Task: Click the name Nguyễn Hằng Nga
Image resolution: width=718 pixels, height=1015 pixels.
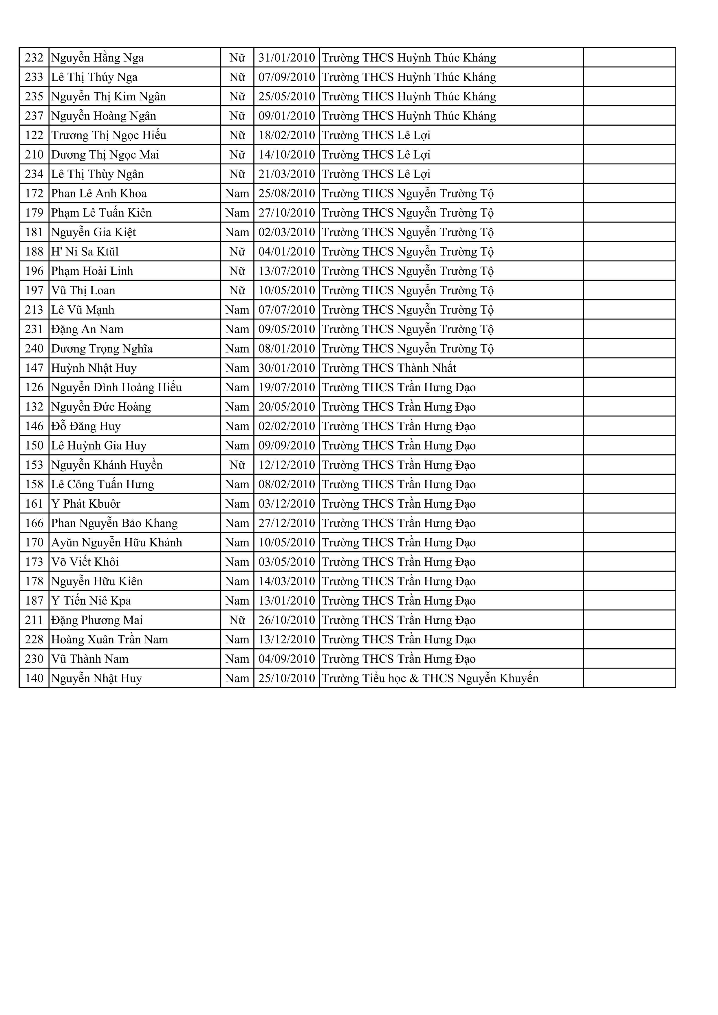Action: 98,58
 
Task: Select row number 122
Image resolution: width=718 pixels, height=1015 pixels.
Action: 34,135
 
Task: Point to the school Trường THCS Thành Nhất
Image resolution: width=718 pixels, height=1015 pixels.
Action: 389,368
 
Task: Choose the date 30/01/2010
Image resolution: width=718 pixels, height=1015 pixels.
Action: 287,368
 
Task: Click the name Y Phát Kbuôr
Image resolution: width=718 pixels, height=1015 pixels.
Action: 86,504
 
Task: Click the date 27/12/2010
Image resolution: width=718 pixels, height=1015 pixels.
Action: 287,523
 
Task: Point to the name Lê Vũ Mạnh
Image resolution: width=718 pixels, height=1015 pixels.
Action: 83,310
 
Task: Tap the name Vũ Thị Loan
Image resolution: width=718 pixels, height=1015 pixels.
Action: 83,291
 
